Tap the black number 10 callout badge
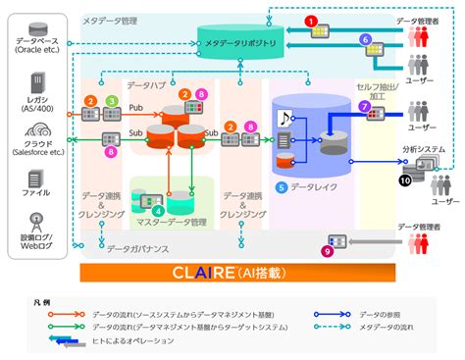tap(405, 180)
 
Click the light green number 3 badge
tap(111, 101)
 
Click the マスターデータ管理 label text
tap(172, 223)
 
